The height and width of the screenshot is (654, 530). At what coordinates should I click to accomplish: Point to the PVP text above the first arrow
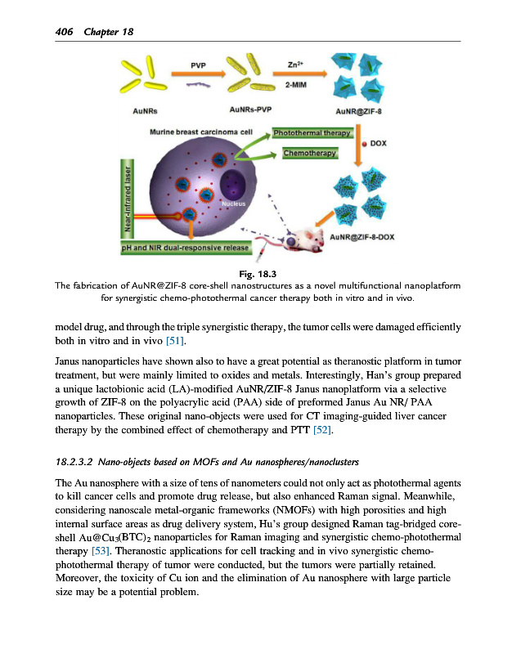click(x=197, y=64)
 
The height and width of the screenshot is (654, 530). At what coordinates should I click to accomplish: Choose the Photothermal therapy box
click(x=312, y=132)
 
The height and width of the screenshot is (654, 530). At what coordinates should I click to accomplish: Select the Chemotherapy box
click(x=310, y=153)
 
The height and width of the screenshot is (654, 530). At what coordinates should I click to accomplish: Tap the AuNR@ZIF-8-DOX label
click(x=362, y=239)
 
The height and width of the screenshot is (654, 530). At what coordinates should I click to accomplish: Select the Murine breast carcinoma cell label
click(x=205, y=131)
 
